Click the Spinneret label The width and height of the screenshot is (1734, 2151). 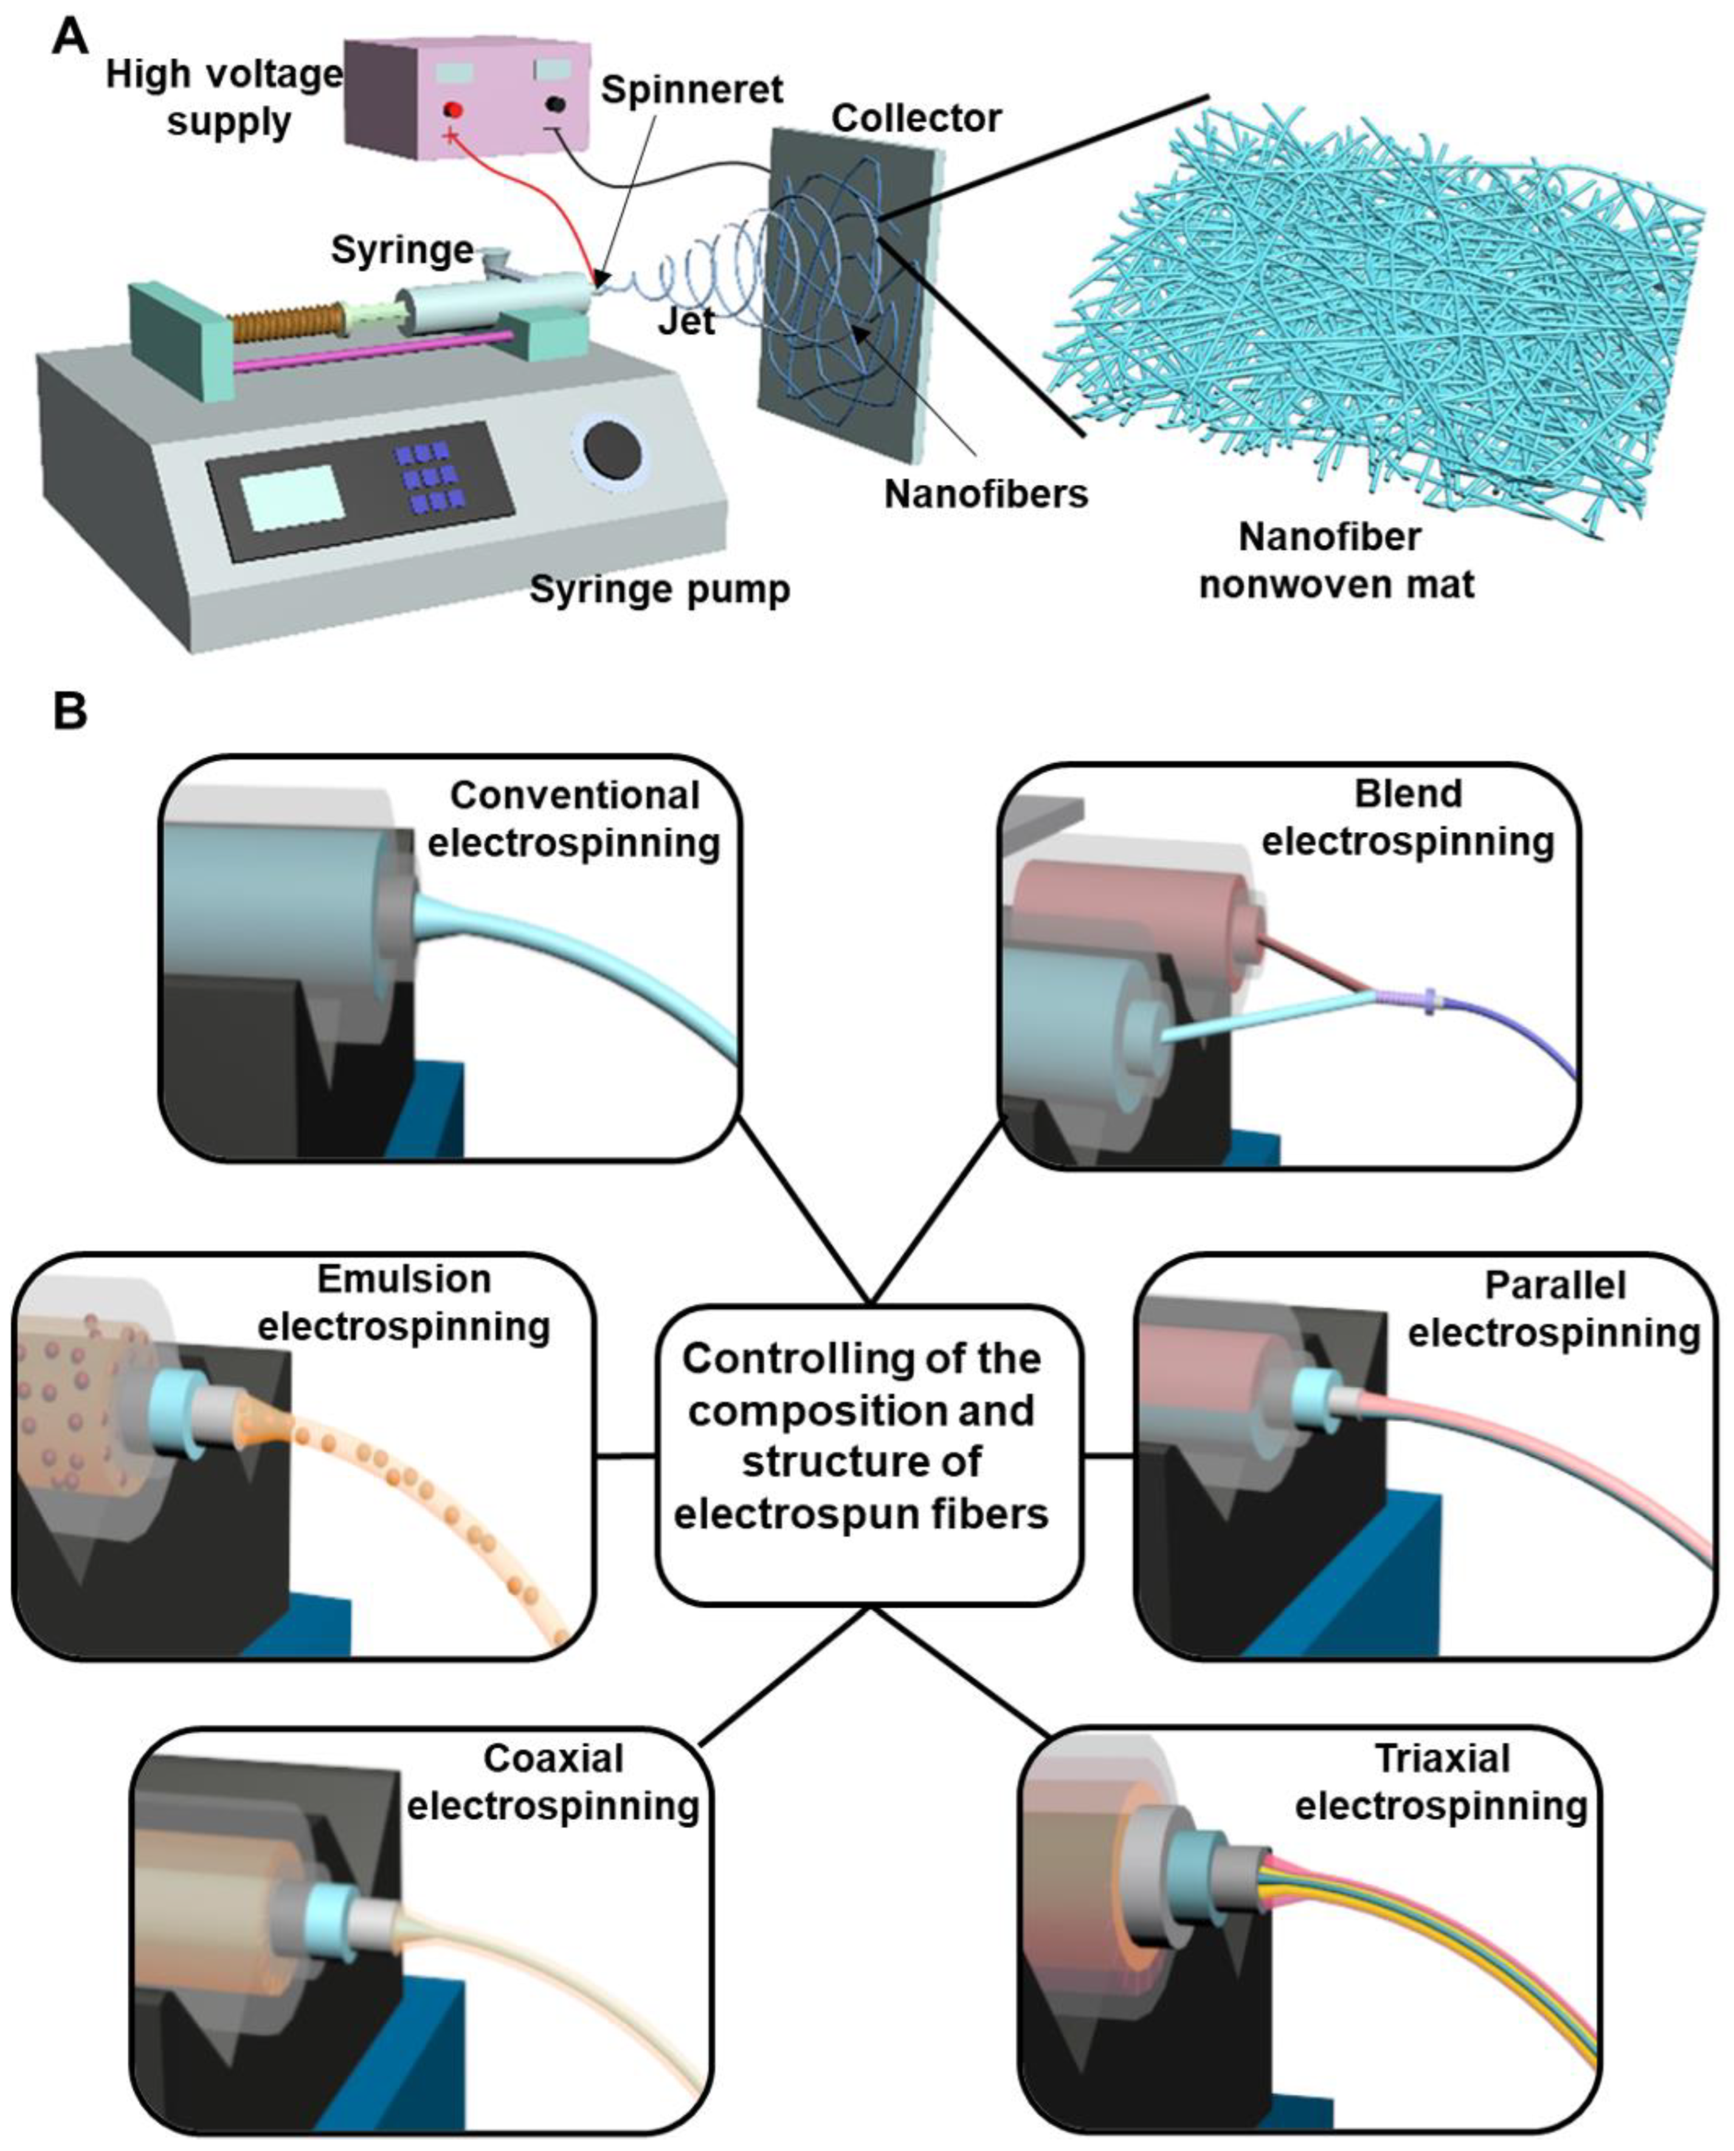pyautogui.click(x=691, y=90)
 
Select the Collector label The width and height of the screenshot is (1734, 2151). pyautogui.click(x=915, y=118)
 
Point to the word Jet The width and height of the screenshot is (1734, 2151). pyautogui.click(x=686, y=322)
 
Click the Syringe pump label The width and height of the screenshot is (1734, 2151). pyautogui.click(x=659, y=589)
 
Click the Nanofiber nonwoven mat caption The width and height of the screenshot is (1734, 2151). pyautogui.click(x=1335, y=561)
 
